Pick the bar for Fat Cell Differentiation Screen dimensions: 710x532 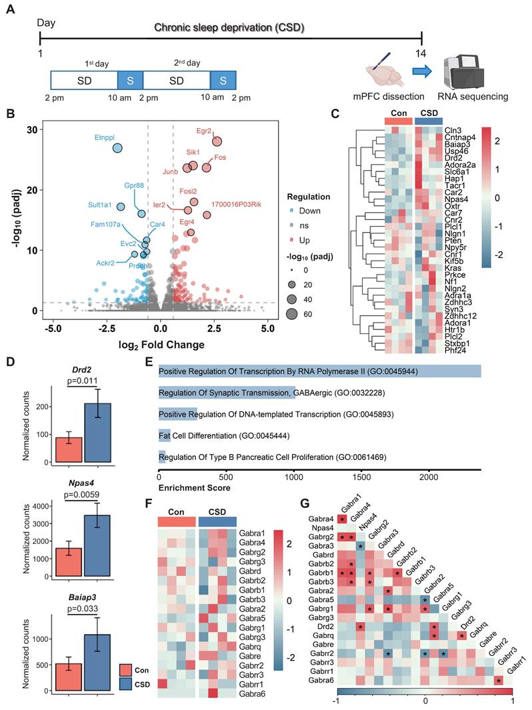(x=165, y=435)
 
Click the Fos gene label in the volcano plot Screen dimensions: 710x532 (x=220, y=158)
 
